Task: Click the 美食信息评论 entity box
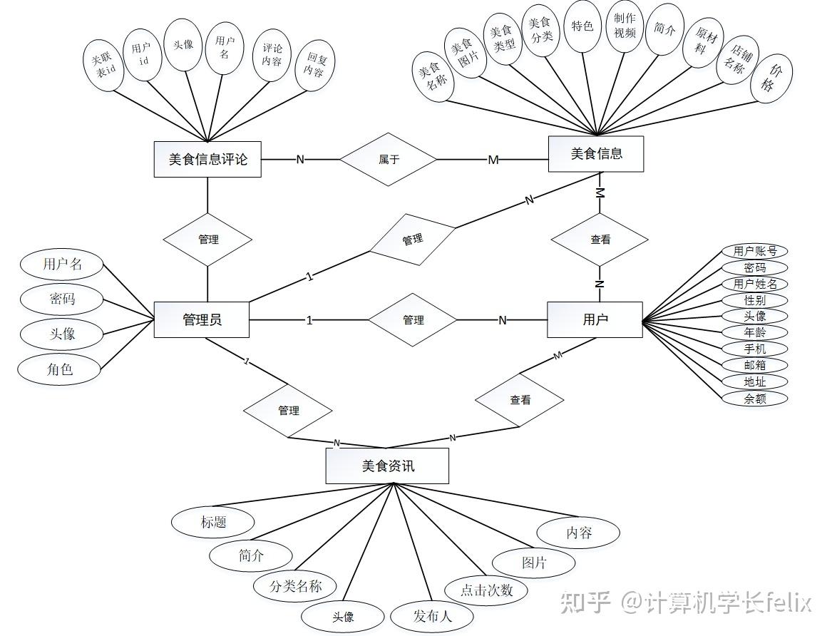(x=207, y=159)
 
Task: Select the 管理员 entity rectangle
(x=202, y=319)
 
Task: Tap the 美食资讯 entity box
(x=387, y=466)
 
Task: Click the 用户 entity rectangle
(x=595, y=319)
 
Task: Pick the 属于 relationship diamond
(x=388, y=159)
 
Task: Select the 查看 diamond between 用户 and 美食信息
(x=600, y=240)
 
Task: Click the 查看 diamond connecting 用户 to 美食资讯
(x=520, y=400)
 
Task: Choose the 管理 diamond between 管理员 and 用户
(x=413, y=320)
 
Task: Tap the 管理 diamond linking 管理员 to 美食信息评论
(x=208, y=240)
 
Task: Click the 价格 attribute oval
(x=771, y=78)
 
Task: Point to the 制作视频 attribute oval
(x=625, y=26)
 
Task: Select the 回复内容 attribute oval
(x=314, y=65)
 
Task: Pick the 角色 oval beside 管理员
(x=60, y=369)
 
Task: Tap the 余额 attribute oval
(x=755, y=399)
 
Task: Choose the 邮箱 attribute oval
(x=755, y=365)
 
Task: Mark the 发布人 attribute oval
(x=432, y=616)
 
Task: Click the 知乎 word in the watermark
(x=585, y=602)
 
